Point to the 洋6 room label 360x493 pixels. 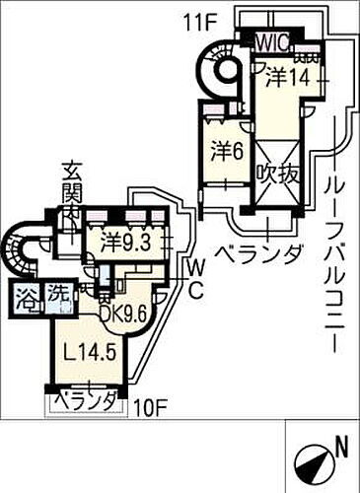[x=226, y=151]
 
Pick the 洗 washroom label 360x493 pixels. [x=58, y=293]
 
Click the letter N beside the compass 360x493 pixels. [x=340, y=447]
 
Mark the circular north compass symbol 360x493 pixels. [x=313, y=458]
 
